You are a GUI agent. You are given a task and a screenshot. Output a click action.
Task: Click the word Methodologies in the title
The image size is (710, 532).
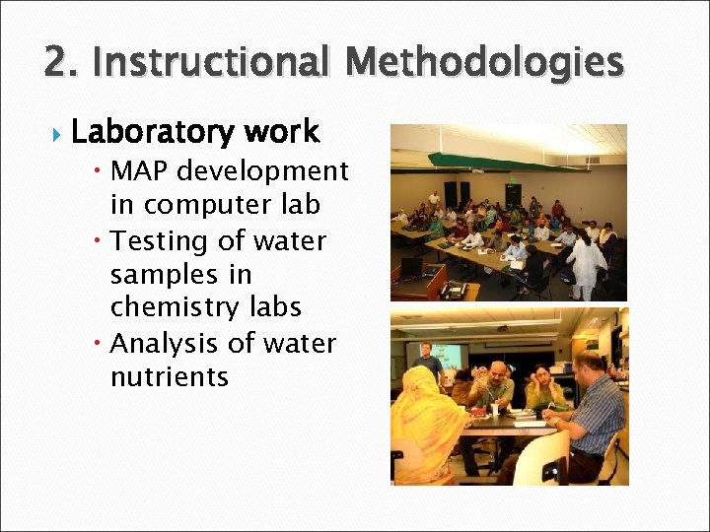pyautogui.click(x=485, y=63)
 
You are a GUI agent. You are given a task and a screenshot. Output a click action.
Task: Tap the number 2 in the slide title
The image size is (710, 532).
pyautogui.click(x=57, y=63)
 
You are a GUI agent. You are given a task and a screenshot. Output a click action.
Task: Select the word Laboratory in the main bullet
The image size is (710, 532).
pyautogui.click(x=151, y=132)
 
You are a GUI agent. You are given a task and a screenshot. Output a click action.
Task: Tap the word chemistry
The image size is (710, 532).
pyautogui.click(x=174, y=308)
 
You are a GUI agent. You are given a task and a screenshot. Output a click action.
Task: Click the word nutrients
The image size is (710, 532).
pyautogui.click(x=170, y=377)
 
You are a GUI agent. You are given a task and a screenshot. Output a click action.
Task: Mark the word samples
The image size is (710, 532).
pyautogui.click(x=154, y=275)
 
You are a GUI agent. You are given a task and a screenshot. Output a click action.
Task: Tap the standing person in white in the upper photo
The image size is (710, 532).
pyautogui.click(x=588, y=260)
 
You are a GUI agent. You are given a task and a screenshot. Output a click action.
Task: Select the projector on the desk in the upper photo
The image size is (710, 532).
pyautogui.click(x=453, y=290)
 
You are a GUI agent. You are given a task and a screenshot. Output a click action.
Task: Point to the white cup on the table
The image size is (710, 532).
pyautogui.click(x=494, y=410)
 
